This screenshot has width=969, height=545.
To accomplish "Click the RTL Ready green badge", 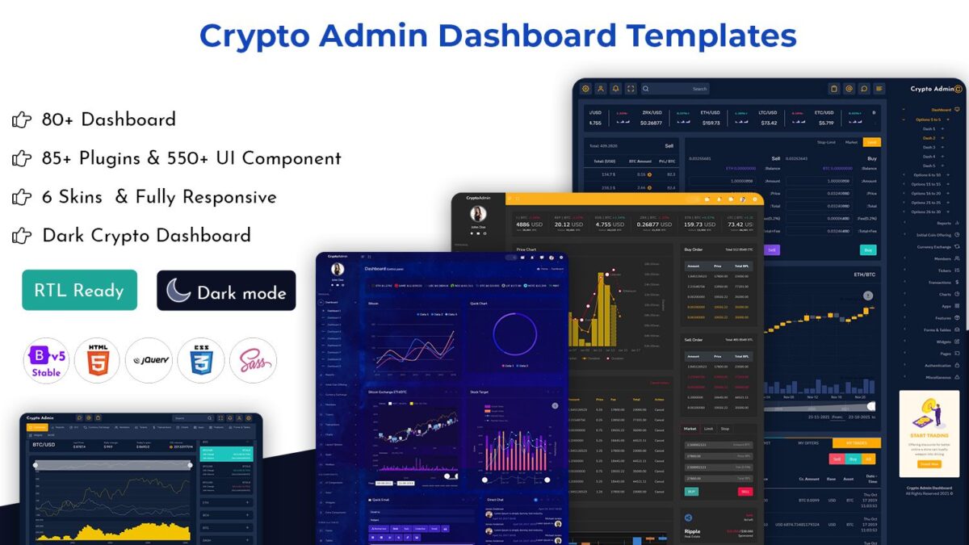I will point(79,291).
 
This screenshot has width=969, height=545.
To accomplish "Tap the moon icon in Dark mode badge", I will point(179,291).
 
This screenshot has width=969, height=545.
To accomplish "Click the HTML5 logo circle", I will point(97,360).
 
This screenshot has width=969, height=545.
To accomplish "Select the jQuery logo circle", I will point(149,360).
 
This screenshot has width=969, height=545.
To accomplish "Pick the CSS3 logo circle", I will point(201,360).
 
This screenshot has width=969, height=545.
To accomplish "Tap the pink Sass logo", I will point(253,360).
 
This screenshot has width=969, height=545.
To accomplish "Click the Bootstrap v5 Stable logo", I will point(46,360).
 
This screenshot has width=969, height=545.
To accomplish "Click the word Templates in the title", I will point(711,36).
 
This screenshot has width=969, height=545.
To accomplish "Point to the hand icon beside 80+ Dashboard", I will point(22,120).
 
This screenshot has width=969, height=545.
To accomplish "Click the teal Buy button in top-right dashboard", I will point(868,250).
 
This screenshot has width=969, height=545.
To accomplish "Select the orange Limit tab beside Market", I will point(872,142).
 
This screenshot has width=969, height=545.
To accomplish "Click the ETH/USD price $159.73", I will point(711,123).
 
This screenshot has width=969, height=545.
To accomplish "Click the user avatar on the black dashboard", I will point(478,214).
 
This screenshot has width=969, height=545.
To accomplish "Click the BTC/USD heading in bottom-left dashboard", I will point(44,445).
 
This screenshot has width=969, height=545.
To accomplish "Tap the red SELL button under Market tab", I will point(745,491).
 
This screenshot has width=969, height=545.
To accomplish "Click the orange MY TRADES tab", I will point(858,442).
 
